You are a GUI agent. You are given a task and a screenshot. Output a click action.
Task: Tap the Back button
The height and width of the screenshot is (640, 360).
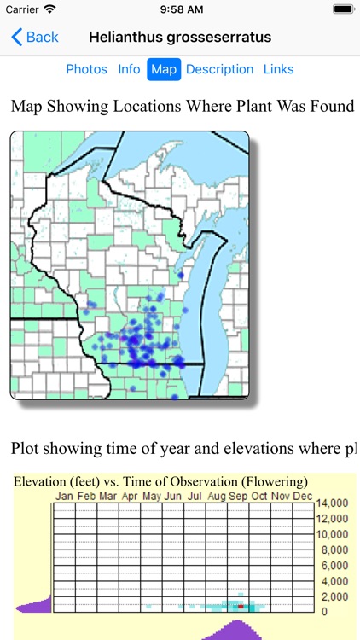[35, 38]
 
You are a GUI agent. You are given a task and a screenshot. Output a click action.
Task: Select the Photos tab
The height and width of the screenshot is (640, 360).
[87, 69]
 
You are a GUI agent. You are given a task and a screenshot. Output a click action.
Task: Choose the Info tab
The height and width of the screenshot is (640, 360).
[129, 69]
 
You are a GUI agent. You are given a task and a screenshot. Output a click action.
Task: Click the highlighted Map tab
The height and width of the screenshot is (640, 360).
[164, 69]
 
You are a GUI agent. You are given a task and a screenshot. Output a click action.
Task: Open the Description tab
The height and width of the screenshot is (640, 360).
[219, 69]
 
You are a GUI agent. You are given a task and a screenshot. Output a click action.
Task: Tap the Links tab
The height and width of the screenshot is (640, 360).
[278, 69]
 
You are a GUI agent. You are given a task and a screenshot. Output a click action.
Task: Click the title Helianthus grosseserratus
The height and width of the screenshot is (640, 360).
[180, 38]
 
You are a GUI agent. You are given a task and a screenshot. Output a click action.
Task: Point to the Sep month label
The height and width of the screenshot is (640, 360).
[237, 496]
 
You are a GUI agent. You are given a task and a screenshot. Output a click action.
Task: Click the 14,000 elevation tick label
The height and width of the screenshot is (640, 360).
[333, 503]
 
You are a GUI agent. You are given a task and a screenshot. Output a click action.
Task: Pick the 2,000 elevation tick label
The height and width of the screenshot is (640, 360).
[333, 596]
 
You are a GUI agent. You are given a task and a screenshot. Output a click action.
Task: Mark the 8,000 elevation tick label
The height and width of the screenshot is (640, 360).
[333, 550]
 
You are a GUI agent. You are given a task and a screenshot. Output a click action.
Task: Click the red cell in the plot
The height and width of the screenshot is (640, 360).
[241, 606]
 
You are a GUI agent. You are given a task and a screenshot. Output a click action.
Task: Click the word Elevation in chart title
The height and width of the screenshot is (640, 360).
[41, 481]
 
